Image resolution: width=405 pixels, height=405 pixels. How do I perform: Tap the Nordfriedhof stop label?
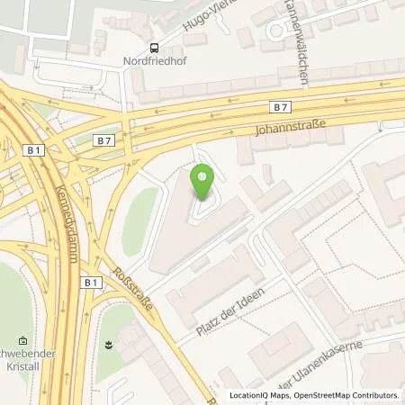click(x=156, y=64)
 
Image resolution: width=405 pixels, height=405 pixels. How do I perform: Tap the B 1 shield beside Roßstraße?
click(x=91, y=283)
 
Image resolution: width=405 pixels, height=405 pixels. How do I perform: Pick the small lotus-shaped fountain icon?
click(x=108, y=344)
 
